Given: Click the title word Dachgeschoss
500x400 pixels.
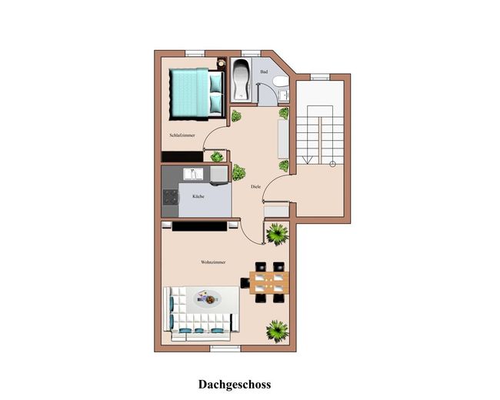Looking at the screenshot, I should point(235,383).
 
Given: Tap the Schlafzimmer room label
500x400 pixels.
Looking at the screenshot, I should point(182,135).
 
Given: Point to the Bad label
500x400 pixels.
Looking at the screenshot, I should point(264,72).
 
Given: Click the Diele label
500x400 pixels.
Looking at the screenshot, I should point(255,187).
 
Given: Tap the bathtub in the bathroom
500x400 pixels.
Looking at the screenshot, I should point(241,79).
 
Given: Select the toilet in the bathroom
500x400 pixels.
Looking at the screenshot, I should point(283,81).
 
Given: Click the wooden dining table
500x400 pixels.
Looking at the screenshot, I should point(268,282).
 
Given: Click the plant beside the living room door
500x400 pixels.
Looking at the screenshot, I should point(277,232).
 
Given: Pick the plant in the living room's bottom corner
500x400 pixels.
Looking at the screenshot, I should point(277,331).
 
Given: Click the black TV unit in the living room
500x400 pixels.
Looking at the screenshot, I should point(200,225).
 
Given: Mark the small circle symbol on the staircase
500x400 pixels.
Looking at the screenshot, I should point(332,164).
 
